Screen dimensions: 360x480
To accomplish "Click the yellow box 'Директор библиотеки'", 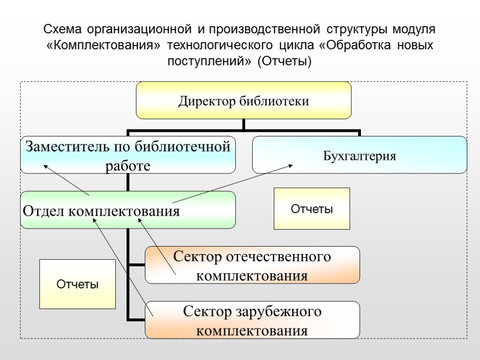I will click(243, 100).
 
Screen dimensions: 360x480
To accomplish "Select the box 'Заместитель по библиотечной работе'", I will click(127, 155).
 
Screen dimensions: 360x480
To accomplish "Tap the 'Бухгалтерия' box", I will click(360, 155).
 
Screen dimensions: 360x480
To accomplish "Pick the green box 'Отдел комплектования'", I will click(127, 210).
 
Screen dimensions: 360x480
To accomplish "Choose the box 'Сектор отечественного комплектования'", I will click(252, 265).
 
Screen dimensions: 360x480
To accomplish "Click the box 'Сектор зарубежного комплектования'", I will click(252, 320).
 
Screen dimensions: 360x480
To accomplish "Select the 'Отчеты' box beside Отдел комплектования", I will click(312, 209).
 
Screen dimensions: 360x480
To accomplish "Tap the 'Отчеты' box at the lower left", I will click(77, 284).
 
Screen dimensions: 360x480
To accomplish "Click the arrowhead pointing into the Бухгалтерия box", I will click(291, 165).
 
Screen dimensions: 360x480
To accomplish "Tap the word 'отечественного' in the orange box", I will click(279, 257).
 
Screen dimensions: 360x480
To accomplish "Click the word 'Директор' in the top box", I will click(206, 101).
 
